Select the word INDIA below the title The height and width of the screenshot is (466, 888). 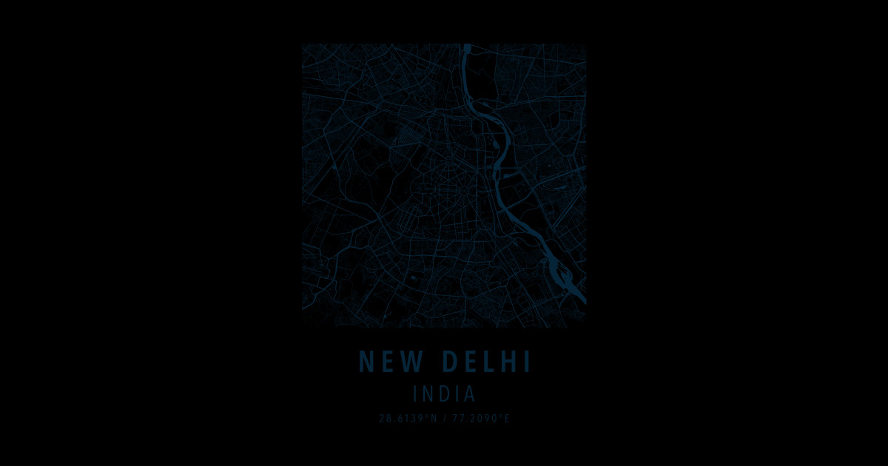pos(444,394)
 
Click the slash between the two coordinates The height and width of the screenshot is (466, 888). pos(445,419)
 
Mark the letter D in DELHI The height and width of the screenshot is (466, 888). pos(450,362)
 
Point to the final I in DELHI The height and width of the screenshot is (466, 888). pos(527,362)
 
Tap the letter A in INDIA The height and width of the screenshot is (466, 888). pos(468,394)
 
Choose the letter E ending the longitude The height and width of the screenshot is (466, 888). pos(508,419)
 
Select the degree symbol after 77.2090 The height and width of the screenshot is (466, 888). pos(501,416)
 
